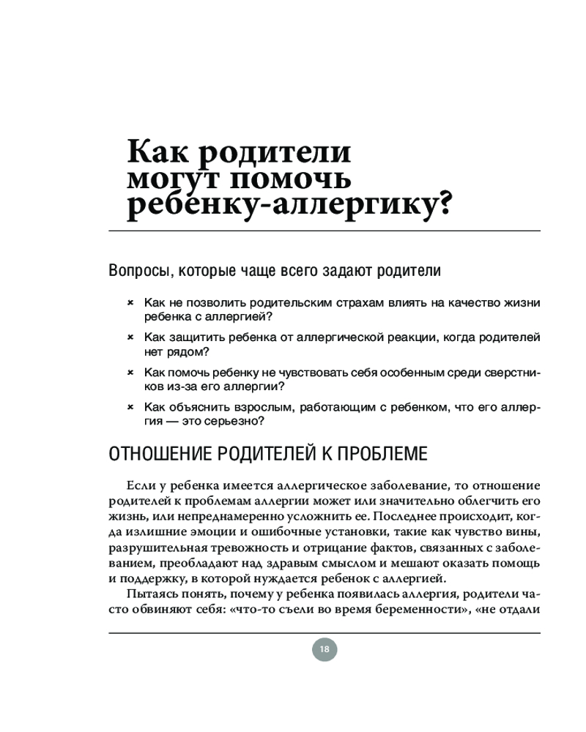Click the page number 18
324,649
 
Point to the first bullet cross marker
130,302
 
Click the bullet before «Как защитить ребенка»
130,337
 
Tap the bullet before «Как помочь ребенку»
130,373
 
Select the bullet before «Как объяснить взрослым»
130,408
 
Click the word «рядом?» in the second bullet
182,351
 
